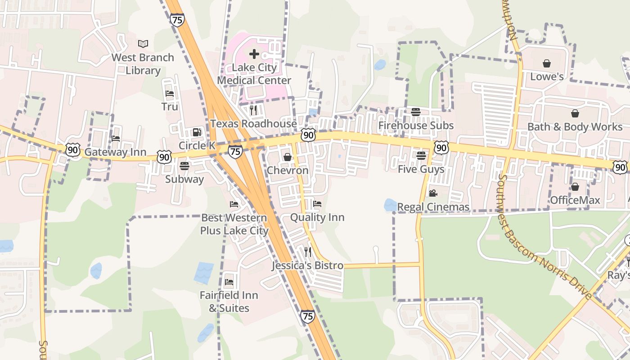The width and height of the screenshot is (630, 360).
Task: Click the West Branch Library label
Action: point(143,64)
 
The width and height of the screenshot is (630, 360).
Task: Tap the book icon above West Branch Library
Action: point(143,44)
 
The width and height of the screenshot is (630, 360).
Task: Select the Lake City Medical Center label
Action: point(254,74)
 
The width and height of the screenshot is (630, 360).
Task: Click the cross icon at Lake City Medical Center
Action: point(254,54)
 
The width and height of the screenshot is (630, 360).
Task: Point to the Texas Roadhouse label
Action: point(254,124)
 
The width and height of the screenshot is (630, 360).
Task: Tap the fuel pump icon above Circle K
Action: point(197,132)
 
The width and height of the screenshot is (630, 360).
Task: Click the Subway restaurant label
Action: point(184,179)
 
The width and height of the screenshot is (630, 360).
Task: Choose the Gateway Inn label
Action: point(116,152)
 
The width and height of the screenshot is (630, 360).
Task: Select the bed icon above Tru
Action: point(170,94)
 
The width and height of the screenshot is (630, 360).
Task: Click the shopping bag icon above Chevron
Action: point(287,157)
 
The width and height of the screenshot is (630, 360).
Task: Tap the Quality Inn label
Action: point(317,217)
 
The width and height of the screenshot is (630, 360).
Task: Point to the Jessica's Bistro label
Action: point(308,265)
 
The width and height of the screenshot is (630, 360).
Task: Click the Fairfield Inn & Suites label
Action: point(229,301)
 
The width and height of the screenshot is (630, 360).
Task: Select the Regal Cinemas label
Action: point(433,207)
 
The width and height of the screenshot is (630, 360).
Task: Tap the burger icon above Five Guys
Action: point(421,156)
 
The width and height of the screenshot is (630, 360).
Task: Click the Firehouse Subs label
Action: point(416,126)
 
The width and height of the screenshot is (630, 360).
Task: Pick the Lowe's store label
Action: point(547,76)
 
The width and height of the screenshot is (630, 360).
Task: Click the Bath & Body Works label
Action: point(575,127)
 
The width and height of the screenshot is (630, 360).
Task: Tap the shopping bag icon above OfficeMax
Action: point(575,187)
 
